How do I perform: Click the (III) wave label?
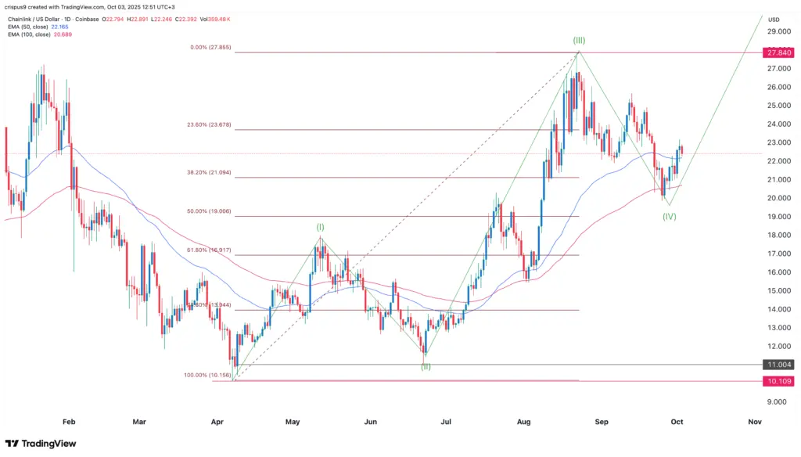[x=578, y=40]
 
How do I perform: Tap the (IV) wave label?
[x=669, y=216]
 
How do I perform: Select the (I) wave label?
[x=320, y=228]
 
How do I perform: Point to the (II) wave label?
[x=426, y=366]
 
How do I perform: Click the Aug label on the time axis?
[x=524, y=421]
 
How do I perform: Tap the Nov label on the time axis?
[x=754, y=421]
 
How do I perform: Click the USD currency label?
[x=774, y=20]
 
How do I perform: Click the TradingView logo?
[x=44, y=443]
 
